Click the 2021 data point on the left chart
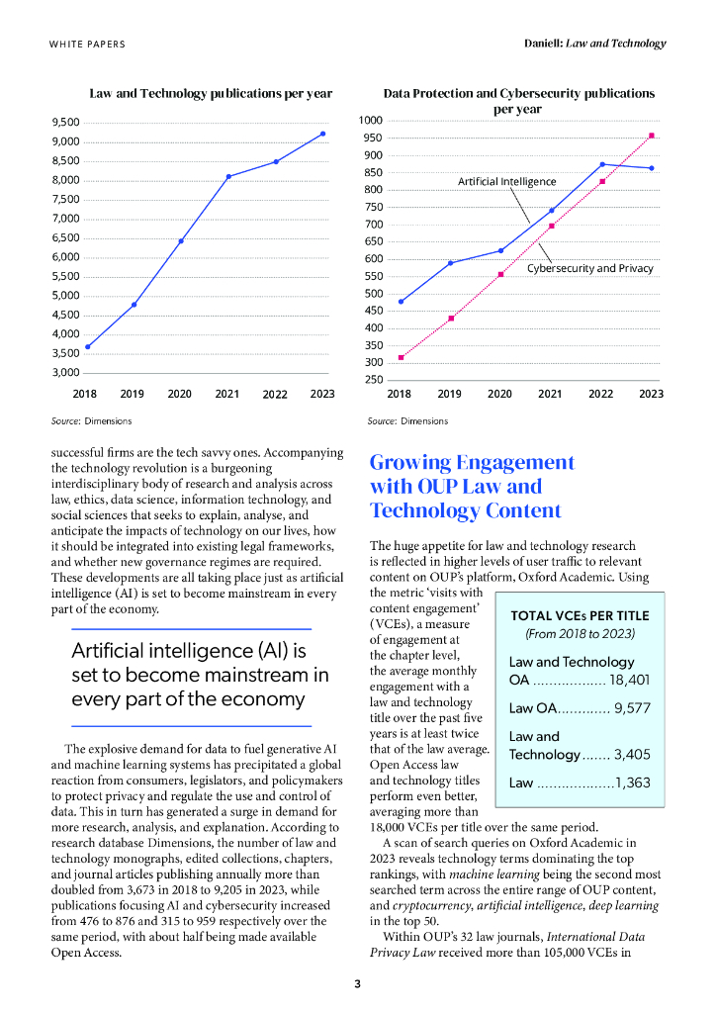click(x=227, y=176)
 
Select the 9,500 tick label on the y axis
click(x=65, y=122)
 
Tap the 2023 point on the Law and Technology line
click(x=322, y=134)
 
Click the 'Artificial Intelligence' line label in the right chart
click(x=506, y=182)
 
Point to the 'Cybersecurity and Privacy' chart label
click(x=589, y=268)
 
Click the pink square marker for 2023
click(x=651, y=136)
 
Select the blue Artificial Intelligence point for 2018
click(x=401, y=302)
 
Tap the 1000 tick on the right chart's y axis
click(x=372, y=121)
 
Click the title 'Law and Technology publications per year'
click(x=211, y=93)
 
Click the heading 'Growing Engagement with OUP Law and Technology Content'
click(x=471, y=486)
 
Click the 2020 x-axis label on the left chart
click(x=179, y=394)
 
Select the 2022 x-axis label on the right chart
click(x=600, y=394)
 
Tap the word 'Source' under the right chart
click(x=381, y=421)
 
